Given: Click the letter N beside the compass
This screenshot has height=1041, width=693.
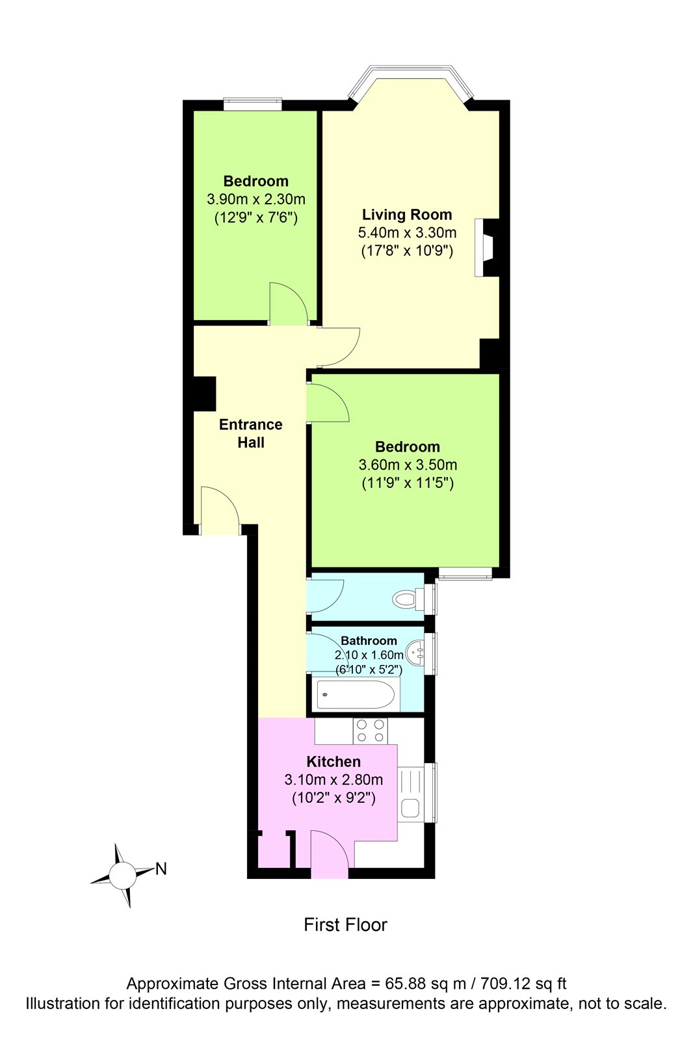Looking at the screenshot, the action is pyautogui.click(x=161, y=869).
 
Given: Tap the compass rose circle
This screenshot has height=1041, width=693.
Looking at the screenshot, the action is pyautogui.click(x=122, y=874).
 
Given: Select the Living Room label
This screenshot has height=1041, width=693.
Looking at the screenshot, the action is pyautogui.click(x=407, y=215).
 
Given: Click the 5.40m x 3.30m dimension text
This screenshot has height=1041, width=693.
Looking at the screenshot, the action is pyautogui.click(x=407, y=232).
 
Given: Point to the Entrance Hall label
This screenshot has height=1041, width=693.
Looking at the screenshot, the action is pyautogui.click(x=251, y=433).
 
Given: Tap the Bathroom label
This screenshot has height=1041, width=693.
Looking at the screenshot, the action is pyautogui.click(x=369, y=640).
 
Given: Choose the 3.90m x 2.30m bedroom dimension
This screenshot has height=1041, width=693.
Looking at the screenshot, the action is pyautogui.click(x=256, y=199).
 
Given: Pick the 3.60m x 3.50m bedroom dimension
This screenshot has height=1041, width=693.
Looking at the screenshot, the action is pyautogui.click(x=408, y=465).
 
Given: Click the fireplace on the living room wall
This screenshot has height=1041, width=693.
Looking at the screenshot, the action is pyautogui.click(x=487, y=248).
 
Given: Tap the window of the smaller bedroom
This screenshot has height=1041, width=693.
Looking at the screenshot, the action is pyautogui.click(x=252, y=104).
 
